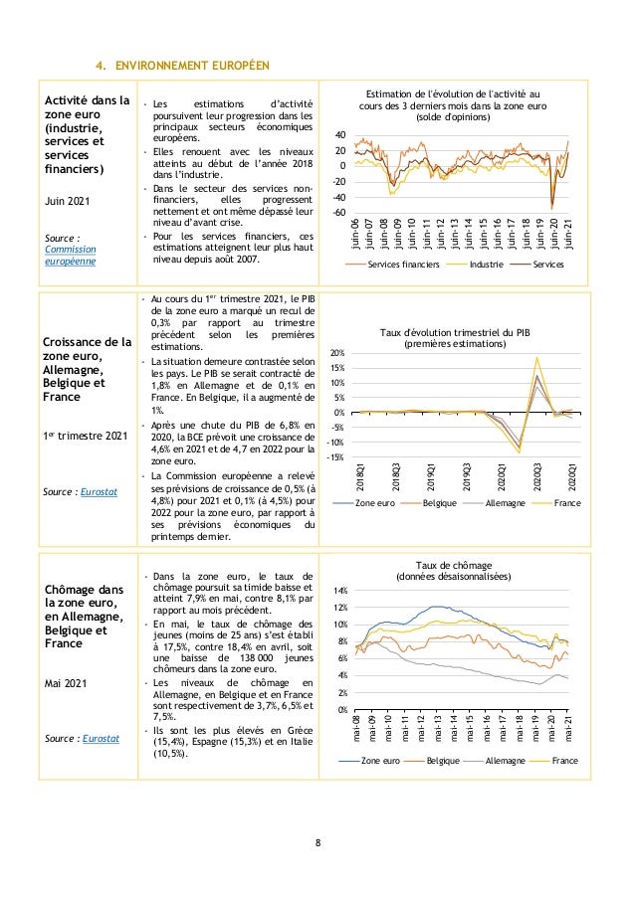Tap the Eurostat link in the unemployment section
(97, 739)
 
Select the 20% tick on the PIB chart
(337, 353)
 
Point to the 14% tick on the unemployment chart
(339, 591)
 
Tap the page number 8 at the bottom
(317, 843)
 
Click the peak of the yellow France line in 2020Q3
(537, 357)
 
